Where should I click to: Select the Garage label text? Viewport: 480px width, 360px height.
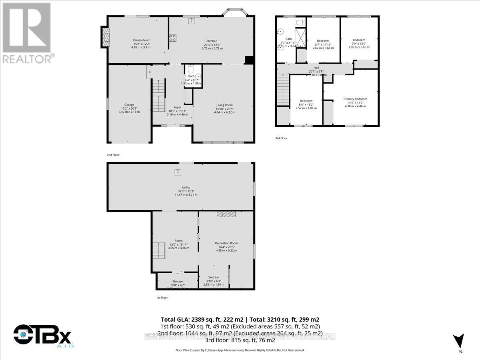click(129, 105)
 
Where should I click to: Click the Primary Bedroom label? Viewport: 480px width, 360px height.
click(355, 99)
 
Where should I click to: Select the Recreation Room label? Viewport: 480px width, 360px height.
click(226, 243)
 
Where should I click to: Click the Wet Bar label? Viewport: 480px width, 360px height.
click(214, 277)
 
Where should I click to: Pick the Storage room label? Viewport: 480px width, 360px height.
click(177, 282)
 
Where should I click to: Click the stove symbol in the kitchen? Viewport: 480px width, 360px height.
click(173, 38)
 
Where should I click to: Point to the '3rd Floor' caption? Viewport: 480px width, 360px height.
click(281, 138)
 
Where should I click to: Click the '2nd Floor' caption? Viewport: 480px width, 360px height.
click(113, 155)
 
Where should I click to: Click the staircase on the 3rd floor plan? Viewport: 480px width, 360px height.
click(283, 90)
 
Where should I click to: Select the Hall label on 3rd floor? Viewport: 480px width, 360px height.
click(316, 68)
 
